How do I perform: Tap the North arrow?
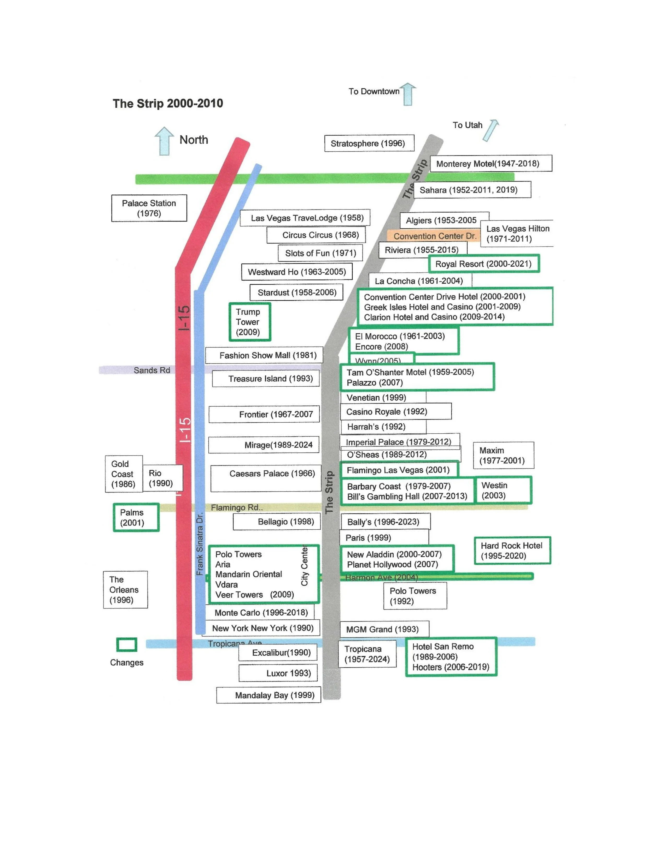pyautogui.click(x=164, y=141)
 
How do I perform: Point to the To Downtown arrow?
pyautogui.click(x=408, y=94)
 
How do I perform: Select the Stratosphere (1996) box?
pyautogui.click(x=369, y=143)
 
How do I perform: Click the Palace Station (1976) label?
pyautogui.click(x=149, y=208)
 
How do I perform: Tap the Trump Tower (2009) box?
pyautogui.click(x=249, y=322)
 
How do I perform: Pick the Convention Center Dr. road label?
pyautogui.click(x=434, y=236)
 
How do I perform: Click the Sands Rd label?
pyautogui.click(x=152, y=370)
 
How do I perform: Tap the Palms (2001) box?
pyautogui.click(x=136, y=517)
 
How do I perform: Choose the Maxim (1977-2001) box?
pyautogui.click(x=503, y=455)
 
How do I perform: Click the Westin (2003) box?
pyautogui.click(x=503, y=490)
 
